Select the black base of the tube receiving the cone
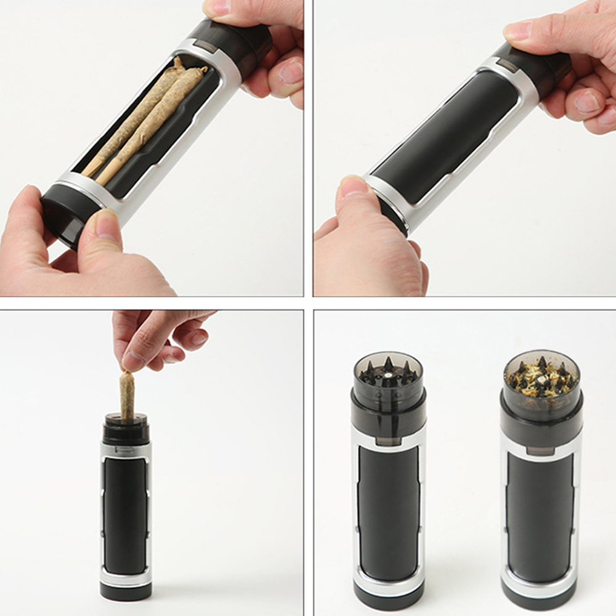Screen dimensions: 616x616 click(126, 590)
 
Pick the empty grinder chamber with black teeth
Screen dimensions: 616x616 click(388, 373)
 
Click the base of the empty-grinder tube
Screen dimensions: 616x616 click(388, 601)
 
